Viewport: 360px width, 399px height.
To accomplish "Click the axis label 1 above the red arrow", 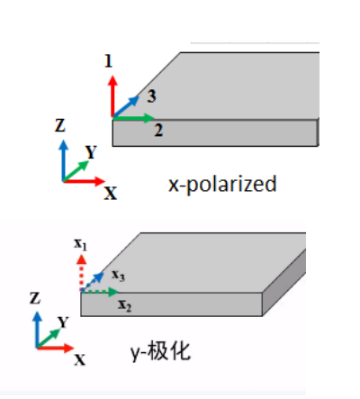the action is coord(108,61).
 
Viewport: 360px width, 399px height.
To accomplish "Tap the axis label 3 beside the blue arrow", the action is coord(151,96).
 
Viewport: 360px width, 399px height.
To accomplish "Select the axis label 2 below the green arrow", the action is coord(158,131).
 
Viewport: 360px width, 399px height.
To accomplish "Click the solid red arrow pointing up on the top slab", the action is coord(112,96).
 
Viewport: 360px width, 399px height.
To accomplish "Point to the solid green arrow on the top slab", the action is coord(133,118).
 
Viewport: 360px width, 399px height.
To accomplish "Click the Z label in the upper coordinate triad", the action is coord(60,125).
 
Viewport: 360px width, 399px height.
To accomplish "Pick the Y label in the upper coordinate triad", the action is coord(91,152).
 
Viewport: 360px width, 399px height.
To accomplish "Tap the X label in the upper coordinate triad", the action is coord(111,193).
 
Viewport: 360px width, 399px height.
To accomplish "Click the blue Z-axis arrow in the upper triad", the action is coord(63,160).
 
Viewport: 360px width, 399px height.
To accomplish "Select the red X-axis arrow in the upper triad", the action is coord(84,181).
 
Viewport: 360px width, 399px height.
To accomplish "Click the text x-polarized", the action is coord(222,184).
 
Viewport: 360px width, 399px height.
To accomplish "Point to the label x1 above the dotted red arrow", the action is coord(80,244).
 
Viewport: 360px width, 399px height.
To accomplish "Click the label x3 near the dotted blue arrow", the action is coord(118,275).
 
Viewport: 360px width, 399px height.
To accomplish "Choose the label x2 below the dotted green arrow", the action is coord(125,305).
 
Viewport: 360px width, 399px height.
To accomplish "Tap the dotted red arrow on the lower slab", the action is coord(81,273).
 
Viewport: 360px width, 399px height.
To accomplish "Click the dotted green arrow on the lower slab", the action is coord(100,292).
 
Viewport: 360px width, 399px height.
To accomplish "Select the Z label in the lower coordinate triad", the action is coord(35,298).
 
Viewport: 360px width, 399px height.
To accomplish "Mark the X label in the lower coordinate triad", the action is coord(80,359).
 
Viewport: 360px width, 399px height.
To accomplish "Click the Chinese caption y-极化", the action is coord(160,351).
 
